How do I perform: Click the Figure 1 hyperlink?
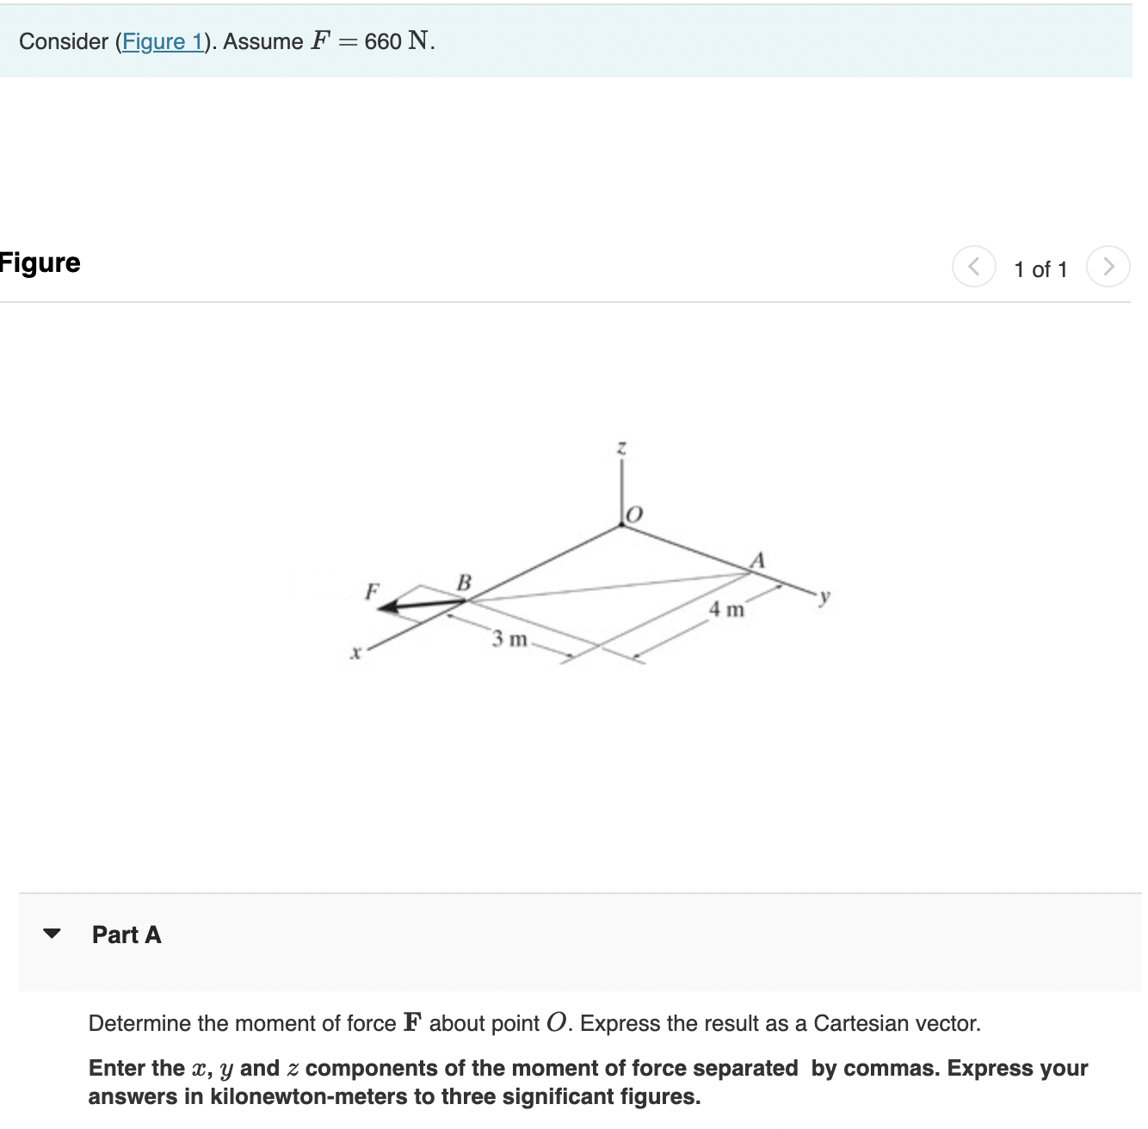(x=163, y=41)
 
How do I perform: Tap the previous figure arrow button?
(x=973, y=266)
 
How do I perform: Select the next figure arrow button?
(x=1108, y=266)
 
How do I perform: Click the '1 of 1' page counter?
(x=1040, y=269)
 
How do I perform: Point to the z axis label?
(x=621, y=448)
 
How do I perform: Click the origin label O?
(x=634, y=515)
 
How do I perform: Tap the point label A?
(x=757, y=560)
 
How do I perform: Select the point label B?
(x=464, y=583)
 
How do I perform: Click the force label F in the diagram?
(x=372, y=591)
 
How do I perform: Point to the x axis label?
(x=355, y=653)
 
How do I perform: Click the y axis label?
(x=824, y=595)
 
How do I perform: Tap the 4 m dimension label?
(x=726, y=609)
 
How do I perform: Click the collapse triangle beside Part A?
(x=52, y=934)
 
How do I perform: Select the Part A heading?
(x=127, y=935)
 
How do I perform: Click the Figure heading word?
(x=40, y=262)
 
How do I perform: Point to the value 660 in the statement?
(x=383, y=41)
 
